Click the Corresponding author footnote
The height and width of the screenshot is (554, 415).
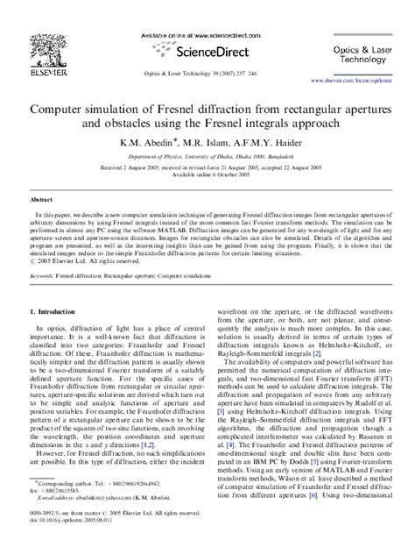tap(70, 507)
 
